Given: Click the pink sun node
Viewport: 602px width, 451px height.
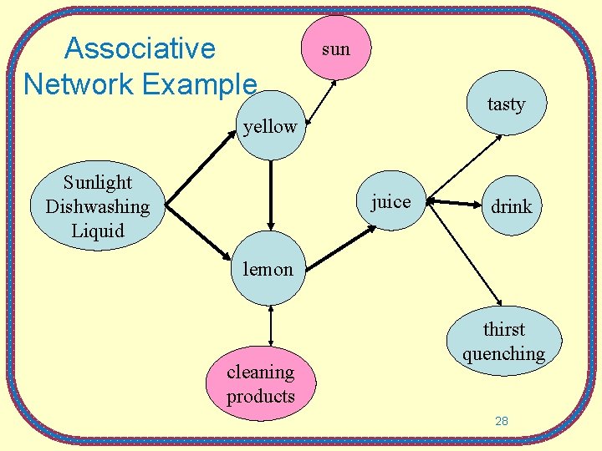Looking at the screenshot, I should tap(335, 48).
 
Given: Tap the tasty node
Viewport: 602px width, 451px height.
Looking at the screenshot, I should tap(505, 104).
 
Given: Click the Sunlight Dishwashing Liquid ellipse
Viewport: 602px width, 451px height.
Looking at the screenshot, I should tap(97, 206).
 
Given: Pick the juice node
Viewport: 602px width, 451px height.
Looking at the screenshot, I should tap(390, 202).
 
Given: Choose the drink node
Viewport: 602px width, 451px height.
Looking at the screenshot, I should tap(511, 206).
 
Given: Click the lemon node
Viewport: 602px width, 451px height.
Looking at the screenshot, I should tap(268, 269).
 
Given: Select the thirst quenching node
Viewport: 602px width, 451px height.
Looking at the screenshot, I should tap(503, 341).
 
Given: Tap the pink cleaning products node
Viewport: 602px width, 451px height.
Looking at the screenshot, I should tap(261, 384).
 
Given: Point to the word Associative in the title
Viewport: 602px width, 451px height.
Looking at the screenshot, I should tap(140, 48).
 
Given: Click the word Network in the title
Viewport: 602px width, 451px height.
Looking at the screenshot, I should tap(74, 84).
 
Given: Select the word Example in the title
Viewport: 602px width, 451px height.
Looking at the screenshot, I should tap(203, 84).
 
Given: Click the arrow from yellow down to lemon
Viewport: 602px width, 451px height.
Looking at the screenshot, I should tap(271, 194).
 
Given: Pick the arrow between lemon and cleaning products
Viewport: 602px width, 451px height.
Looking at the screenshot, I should tap(271, 326).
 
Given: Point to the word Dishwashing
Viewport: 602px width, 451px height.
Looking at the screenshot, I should tap(97, 206).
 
